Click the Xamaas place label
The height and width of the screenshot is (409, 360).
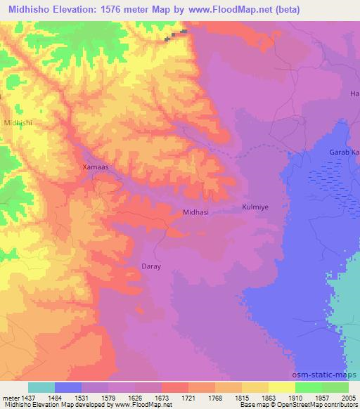95,167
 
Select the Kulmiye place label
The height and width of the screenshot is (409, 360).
256,207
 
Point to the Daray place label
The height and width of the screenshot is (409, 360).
152,267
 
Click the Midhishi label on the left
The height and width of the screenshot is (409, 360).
18,122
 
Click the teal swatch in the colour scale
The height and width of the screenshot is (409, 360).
41,387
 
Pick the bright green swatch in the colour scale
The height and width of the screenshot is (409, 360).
309,387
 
